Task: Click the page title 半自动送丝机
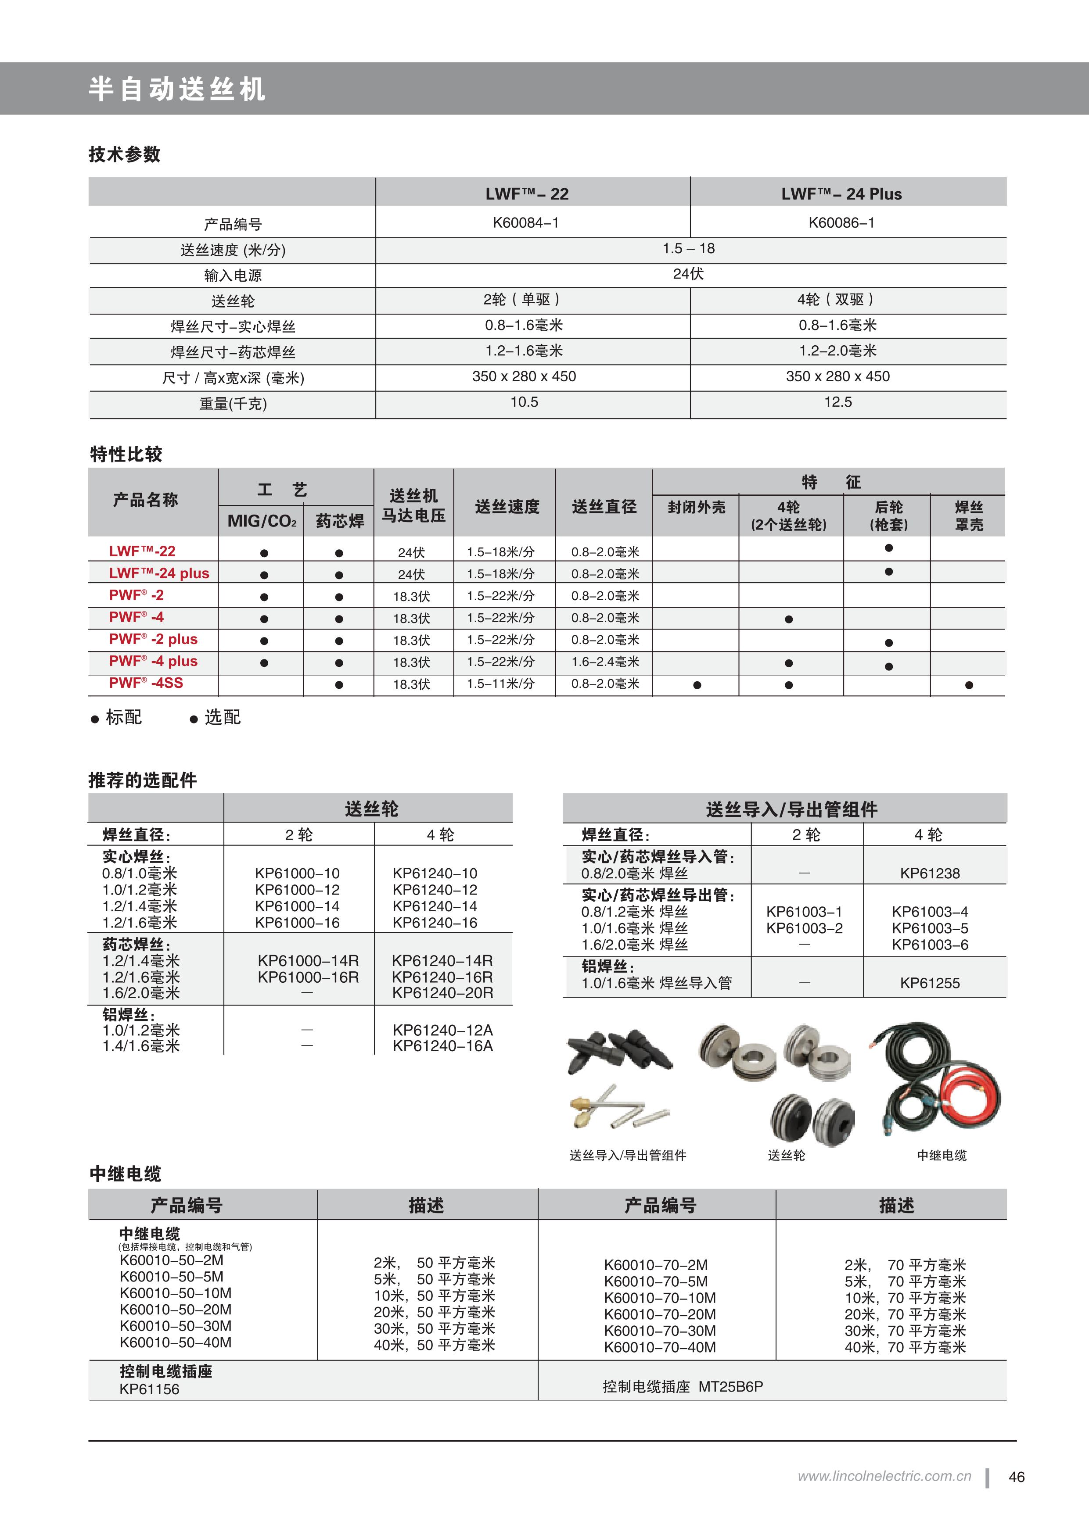tap(177, 89)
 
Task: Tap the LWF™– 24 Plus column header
tap(841, 194)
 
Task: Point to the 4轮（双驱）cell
tap(836, 300)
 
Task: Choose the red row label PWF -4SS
tap(146, 683)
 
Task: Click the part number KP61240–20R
tap(442, 993)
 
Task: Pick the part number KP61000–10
tap(297, 873)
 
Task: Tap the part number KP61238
tap(929, 873)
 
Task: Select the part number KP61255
tap(929, 983)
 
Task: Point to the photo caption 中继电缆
tap(942, 1156)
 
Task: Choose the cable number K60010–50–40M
tap(176, 1342)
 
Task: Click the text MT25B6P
tap(730, 1387)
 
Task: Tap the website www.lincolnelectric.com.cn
tap(884, 1476)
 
